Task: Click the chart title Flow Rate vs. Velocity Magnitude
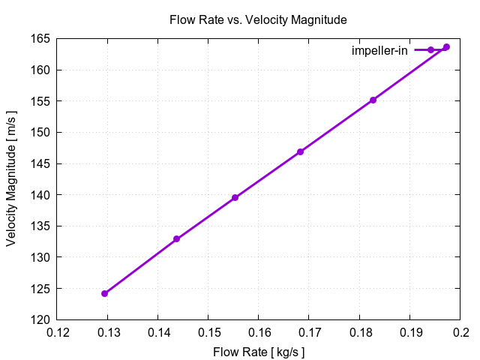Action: click(x=259, y=19)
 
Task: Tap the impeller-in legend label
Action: click(x=379, y=50)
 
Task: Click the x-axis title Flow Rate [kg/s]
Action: click(x=259, y=351)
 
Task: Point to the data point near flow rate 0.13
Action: click(x=105, y=293)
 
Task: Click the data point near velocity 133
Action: click(x=176, y=239)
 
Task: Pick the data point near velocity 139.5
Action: click(x=235, y=197)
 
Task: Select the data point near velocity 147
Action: click(x=301, y=151)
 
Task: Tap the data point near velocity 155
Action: click(x=373, y=100)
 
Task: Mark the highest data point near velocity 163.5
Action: click(x=446, y=47)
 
